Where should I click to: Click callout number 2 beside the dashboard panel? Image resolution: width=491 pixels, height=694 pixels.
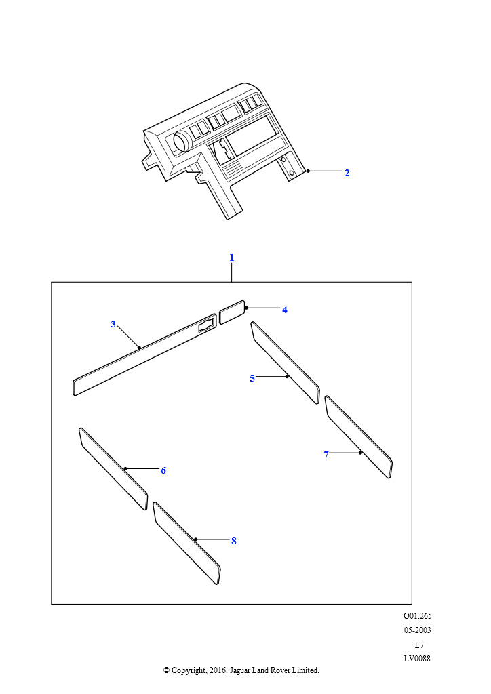[347, 173]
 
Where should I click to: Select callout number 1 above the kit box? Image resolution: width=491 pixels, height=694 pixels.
[231, 258]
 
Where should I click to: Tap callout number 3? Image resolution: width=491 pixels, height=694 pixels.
[113, 324]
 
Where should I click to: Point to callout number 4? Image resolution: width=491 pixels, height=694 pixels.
[285, 310]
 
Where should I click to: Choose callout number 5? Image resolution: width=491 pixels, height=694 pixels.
[252, 378]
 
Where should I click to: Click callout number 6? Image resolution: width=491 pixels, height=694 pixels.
[163, 470]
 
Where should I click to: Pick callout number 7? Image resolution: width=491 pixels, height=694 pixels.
[326, 455]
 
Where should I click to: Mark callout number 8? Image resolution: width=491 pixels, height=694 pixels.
[234, 541]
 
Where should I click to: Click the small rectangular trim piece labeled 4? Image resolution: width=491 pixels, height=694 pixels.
[232, 312]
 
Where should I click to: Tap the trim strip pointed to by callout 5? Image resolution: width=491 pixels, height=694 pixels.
[285, 363]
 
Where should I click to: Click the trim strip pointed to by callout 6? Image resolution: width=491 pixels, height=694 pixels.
[113, 469]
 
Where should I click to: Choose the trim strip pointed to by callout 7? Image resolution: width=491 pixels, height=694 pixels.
[358, 437]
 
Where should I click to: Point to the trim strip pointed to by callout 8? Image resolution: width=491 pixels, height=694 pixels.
[186, 543]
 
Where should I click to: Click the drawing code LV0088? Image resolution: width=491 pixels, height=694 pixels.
[416, 658]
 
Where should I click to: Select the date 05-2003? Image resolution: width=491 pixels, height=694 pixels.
[417, 630]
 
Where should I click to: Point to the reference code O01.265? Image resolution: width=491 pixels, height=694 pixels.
[417, 615]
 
